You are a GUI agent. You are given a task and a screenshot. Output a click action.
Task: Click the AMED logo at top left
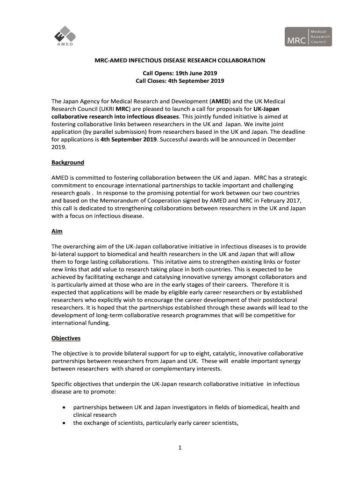64,37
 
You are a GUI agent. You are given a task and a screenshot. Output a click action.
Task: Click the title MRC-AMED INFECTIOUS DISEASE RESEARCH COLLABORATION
180,60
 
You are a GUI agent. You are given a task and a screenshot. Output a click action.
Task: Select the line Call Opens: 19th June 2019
180,73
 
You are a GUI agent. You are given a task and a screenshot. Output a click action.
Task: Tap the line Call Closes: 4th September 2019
180,81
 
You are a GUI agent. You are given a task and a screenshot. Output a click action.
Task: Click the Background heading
68,162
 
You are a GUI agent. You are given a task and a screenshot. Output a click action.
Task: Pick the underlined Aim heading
57,232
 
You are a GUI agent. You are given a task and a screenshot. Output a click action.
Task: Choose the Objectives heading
66,338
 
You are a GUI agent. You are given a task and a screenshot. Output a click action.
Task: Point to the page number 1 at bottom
180,448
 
